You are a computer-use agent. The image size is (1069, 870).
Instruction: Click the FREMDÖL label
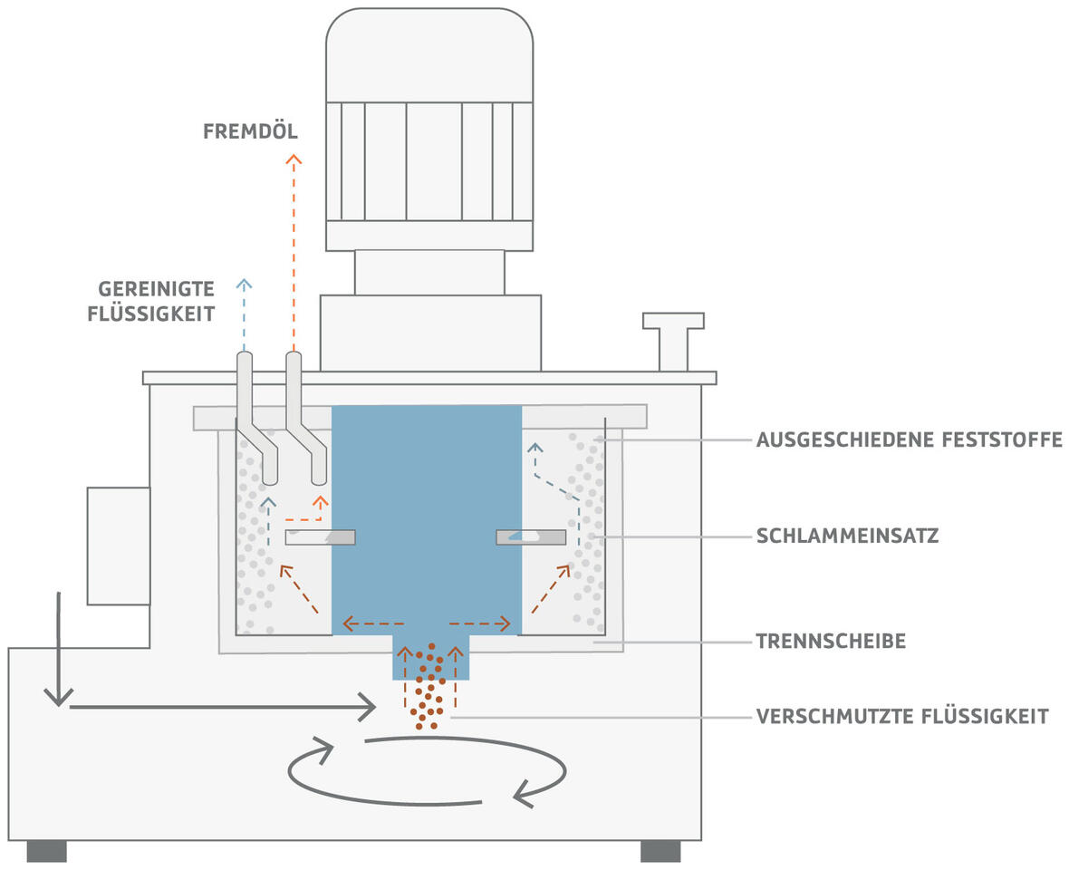249,132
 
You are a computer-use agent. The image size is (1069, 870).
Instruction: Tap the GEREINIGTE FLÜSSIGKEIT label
156,302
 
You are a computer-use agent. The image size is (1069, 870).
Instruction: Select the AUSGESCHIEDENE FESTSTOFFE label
909,440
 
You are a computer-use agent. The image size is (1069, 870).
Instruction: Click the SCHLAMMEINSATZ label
847,536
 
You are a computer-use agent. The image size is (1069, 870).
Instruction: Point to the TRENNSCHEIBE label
831,642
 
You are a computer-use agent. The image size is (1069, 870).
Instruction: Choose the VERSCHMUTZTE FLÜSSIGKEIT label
902,717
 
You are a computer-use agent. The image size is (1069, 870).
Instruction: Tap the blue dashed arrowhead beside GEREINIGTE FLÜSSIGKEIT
243,285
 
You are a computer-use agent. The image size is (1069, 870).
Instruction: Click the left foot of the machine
46,851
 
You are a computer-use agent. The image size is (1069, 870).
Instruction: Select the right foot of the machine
660,851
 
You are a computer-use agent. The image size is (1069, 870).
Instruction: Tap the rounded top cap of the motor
429,54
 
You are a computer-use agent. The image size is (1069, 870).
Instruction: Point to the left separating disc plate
320,537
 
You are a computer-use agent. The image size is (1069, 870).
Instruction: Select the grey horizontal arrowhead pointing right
367,705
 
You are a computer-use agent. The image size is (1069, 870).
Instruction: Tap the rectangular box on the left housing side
119,546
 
